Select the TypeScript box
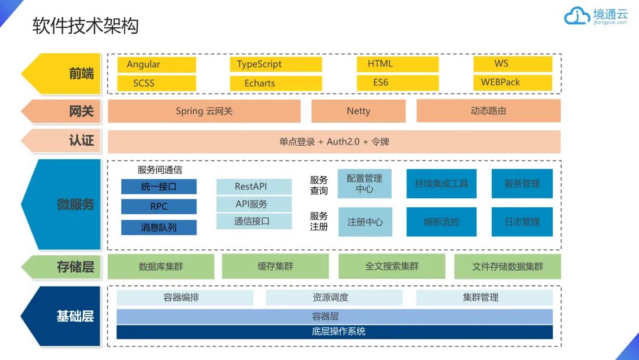[x=275, y=65]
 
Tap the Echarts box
[x=275, y=83]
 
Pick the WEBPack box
[x=512, y=82]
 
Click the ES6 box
[x=398, y=83]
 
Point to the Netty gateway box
[x=359, y=111]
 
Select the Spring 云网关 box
[x=204, y=111]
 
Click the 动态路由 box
[x=488, y=111]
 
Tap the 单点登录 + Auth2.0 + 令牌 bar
[x=334, y=142]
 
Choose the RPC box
[x=159, y=207]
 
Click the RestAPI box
[x=254, y=187]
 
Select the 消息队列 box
[x=159, y=227]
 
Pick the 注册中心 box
[x=364, y=222]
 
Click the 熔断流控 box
[x=441, y=222]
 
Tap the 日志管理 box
[x=522, y=222]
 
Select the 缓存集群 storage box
[x=275, y=266]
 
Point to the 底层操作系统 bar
[x=334, y=332]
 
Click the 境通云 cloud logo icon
[x=576, y=17]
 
